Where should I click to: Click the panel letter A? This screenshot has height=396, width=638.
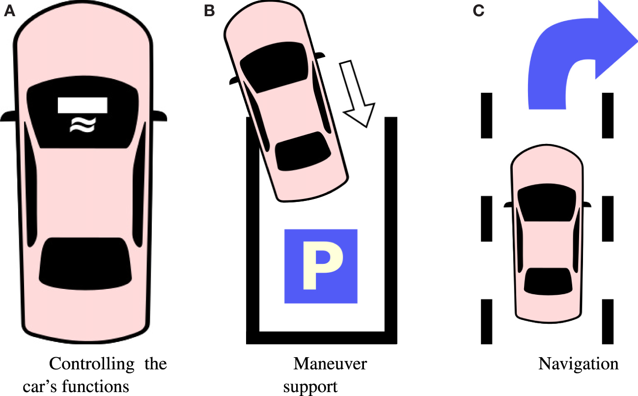tap(10, 11)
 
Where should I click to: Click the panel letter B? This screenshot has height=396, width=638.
tap(210, 11)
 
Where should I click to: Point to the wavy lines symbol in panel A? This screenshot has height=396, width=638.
tap(82, 126)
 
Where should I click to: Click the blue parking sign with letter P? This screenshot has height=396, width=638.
tap(321, 266)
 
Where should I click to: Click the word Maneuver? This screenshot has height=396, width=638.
tap(330, 365)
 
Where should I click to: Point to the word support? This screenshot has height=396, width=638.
tap(310, 387)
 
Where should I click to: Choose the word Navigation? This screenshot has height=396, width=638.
tap(578, 365)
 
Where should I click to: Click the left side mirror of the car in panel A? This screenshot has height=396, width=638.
tap(11, 116)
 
